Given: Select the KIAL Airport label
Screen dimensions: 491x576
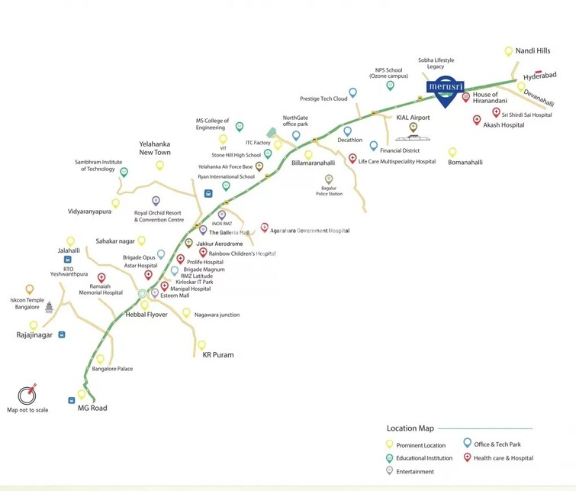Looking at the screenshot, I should (413, 118).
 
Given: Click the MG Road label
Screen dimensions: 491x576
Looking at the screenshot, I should (92, 408).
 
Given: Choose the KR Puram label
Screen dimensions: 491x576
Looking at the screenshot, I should (217, 355).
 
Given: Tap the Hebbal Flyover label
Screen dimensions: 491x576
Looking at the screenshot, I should (140, 315).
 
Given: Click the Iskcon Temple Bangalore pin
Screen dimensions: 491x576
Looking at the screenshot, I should (30, 289).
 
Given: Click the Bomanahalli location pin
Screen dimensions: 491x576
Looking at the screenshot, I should (452, 152).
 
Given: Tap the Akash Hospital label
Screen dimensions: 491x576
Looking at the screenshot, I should (504, 124).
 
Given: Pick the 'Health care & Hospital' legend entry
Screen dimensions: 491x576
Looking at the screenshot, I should (503, 458).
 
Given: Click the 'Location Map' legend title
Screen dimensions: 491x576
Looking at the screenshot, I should (410, 428).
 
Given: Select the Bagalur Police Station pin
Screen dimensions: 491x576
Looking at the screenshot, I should (329, 179).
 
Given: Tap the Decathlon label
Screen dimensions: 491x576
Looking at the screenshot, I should (349, 140).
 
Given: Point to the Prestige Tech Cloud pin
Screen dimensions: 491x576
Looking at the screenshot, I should (352, 92).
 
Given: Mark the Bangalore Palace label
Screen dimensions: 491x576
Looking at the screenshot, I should (112, 369).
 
